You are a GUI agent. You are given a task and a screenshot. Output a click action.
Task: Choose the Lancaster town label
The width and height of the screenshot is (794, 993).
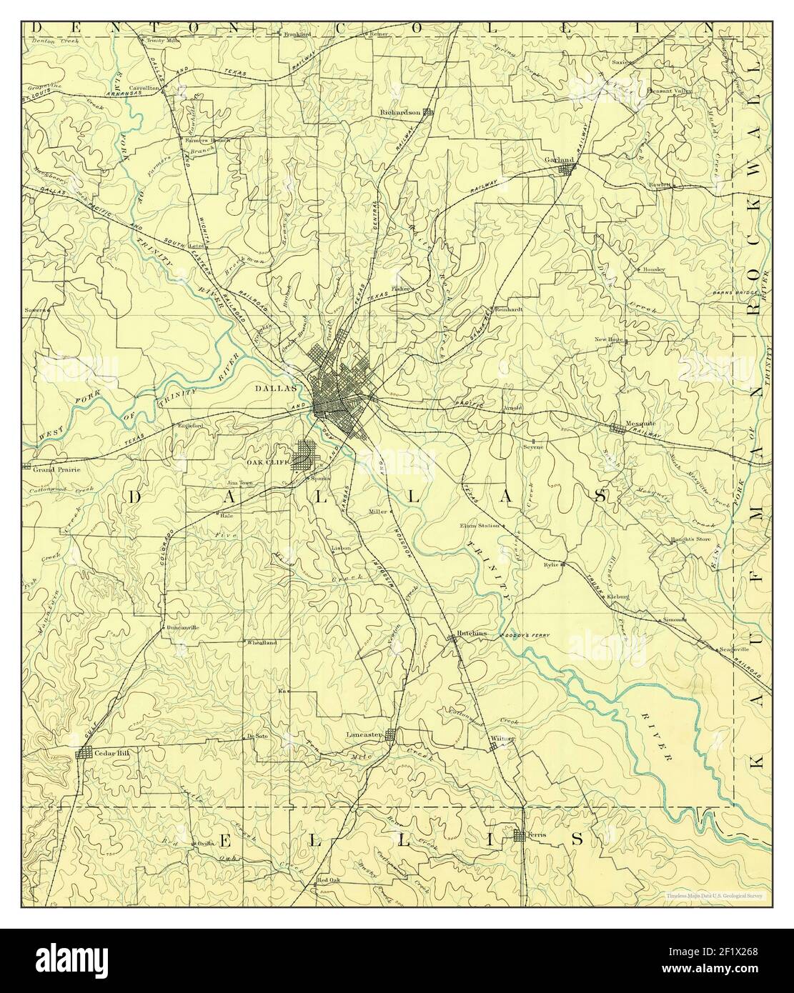(x=364, y=734)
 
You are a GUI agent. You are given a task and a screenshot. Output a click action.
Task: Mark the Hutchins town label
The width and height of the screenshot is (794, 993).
(x=472, y=633)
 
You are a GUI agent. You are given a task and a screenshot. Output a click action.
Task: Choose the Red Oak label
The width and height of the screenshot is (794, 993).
(x=332, y=879)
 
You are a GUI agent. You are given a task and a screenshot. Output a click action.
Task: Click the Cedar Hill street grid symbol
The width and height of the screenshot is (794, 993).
(x=84, y=754)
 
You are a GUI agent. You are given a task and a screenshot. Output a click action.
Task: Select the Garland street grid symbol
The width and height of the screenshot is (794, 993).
(x=567, y=169)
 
